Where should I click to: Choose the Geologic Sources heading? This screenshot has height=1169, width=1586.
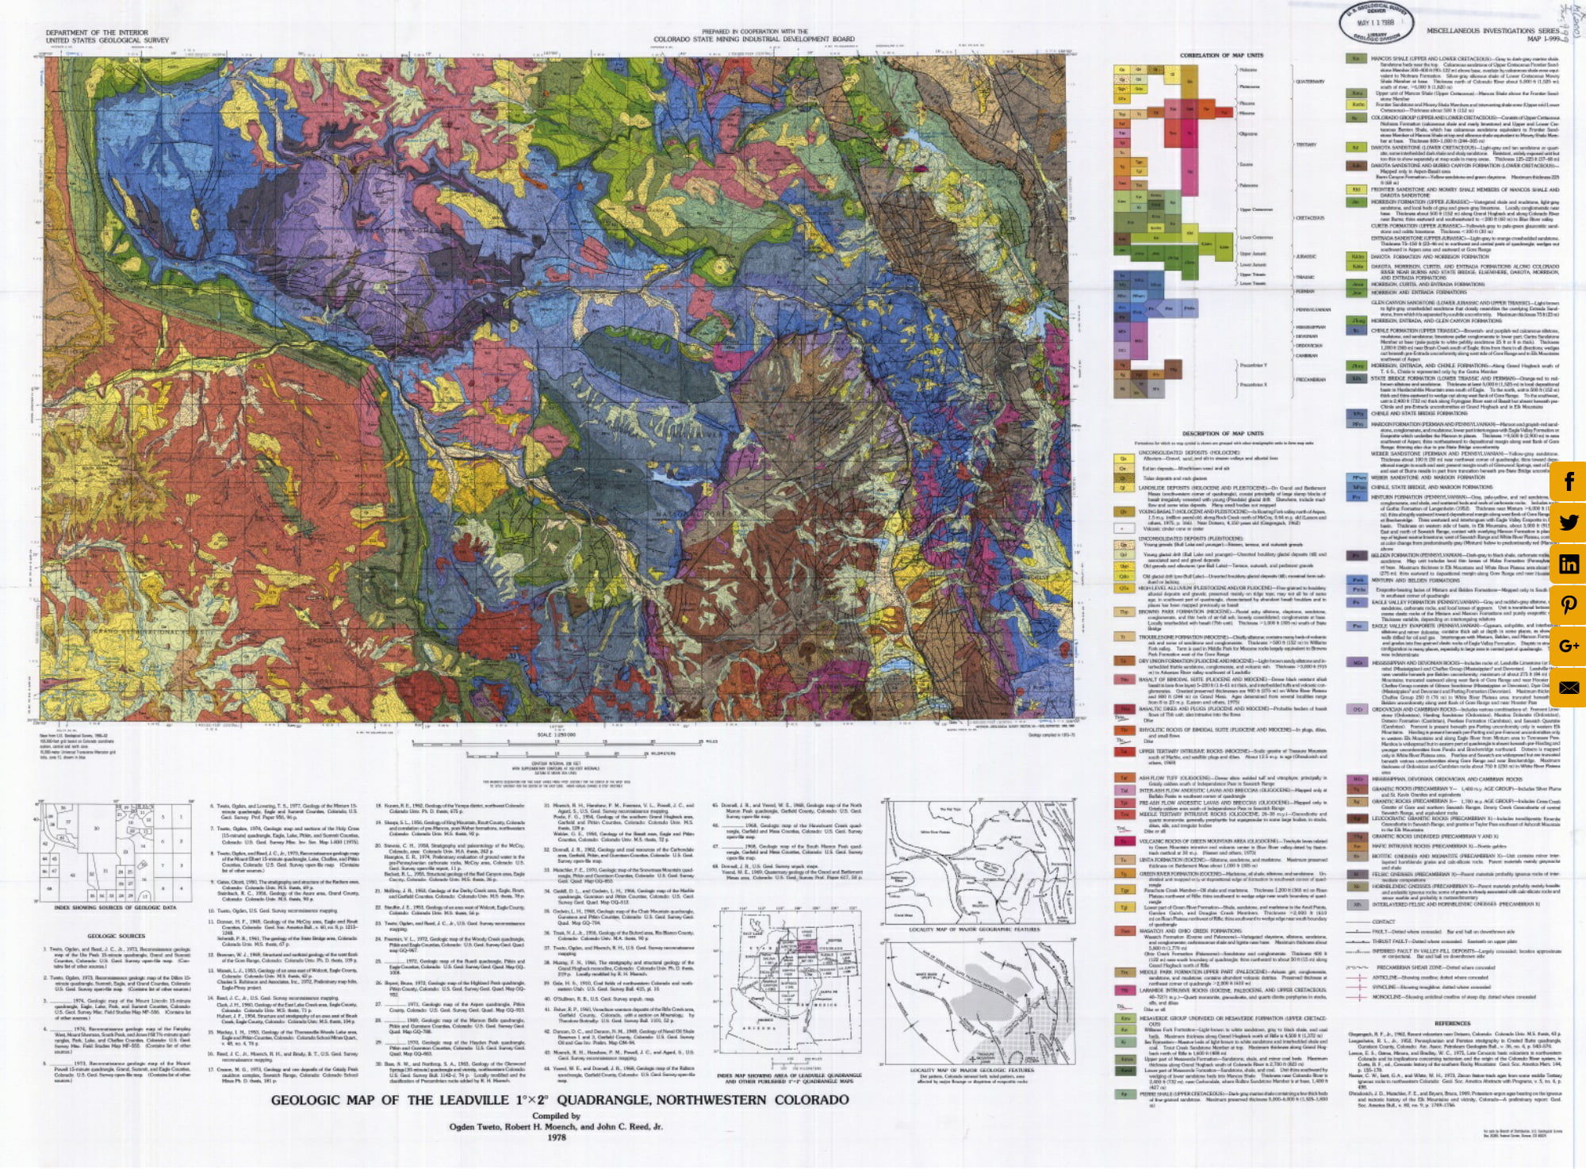pyautogui.click(x=117, y=936)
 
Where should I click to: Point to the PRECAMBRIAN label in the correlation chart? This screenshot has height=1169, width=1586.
pyautogui.click(x=1310, y=379)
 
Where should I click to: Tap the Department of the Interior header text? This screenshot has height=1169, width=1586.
pyautogui.click(x=97, y=33)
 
